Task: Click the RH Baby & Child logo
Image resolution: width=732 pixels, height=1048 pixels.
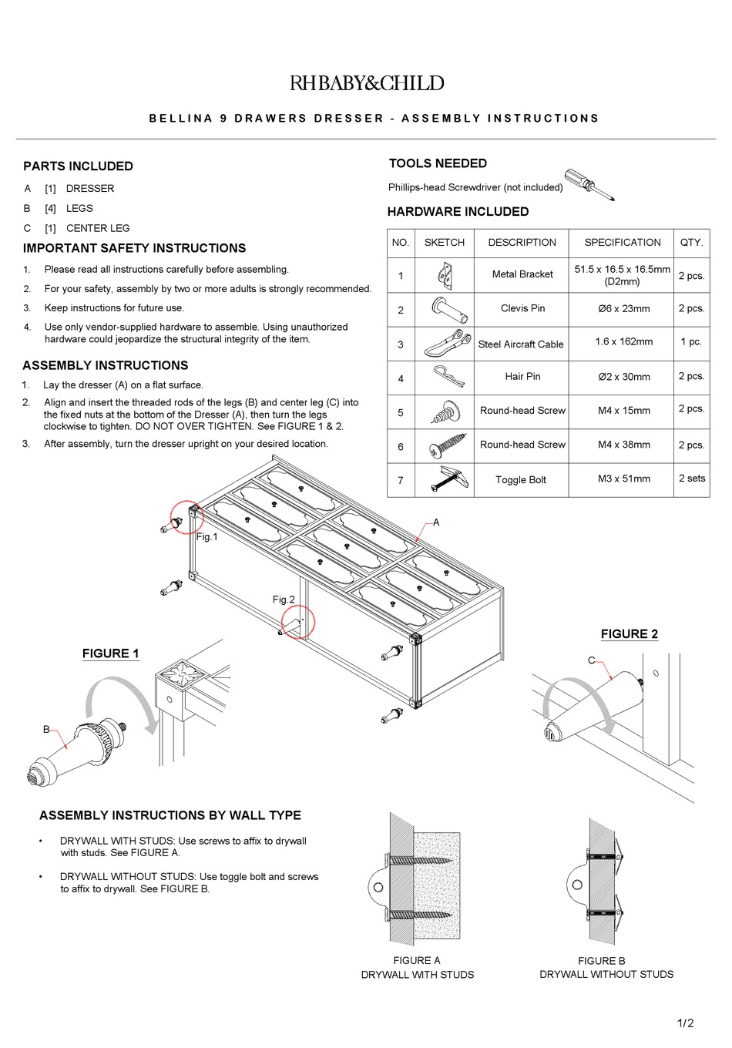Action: point(367,83)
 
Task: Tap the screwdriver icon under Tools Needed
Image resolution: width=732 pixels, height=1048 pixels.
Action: point(589,184)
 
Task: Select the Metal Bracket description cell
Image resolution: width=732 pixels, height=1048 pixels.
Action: point(522,274)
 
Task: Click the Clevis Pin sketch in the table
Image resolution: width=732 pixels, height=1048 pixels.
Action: point(445,308)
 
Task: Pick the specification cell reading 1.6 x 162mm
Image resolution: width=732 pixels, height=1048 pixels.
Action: point(623,341)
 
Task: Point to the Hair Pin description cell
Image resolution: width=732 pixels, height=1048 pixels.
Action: point(522,376)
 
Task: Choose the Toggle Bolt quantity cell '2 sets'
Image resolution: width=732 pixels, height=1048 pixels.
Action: point(691,479)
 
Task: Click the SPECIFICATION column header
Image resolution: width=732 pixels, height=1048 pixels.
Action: point(622,242)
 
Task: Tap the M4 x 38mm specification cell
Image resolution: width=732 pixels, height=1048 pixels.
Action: point(623,445)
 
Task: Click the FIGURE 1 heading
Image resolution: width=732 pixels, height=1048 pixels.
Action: point(111,653)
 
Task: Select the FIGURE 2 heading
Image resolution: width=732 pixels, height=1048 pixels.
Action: point(630,634)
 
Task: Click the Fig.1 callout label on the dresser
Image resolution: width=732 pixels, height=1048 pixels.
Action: point(207,537)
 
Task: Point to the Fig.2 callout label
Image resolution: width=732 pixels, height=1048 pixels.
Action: point(284,600)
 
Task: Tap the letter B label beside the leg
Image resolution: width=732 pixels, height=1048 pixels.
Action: point(46,729)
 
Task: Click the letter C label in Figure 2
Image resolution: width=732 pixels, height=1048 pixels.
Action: point(592,660)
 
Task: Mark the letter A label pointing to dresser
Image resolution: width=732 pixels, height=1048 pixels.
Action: point(436,522)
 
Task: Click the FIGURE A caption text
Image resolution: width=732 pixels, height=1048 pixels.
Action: point(417,961)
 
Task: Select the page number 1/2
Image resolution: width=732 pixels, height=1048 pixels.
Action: point(685,1023)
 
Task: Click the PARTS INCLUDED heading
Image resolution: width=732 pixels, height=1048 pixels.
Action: point(78,166)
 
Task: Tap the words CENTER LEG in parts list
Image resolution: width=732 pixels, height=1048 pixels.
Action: point(98,228)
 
